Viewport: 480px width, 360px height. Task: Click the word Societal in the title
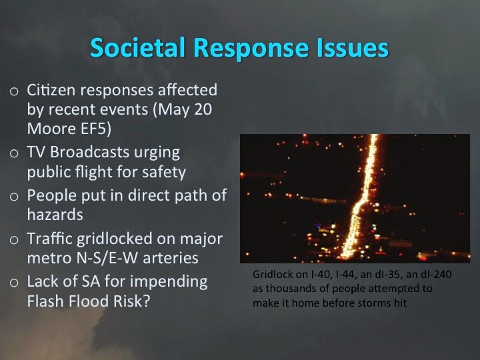click(138, 47)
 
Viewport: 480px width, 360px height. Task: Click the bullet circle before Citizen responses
click(14, 91)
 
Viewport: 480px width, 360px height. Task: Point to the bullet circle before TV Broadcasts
click(14, 153)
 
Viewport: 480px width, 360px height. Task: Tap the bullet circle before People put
click(14, 197)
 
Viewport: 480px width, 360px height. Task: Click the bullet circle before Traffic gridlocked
click(14, 240)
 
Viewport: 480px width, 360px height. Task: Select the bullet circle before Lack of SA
click(14, 283)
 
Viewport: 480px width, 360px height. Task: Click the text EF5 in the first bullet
click(96, 129)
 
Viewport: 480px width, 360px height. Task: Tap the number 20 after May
click(203, 109)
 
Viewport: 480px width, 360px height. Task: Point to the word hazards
click(55, 214)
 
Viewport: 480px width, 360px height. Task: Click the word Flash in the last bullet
click(45, 301)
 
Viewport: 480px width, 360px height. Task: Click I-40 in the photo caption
click(321, 274)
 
